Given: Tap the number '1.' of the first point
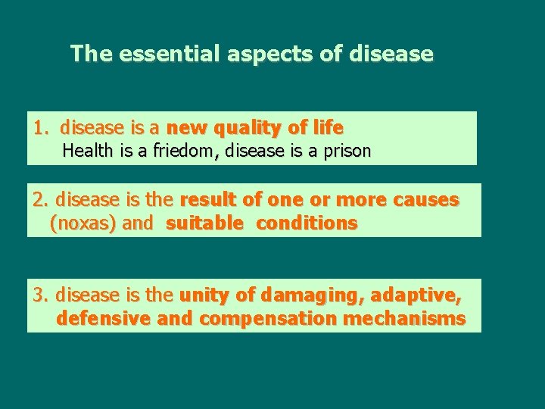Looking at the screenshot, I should [42, 127].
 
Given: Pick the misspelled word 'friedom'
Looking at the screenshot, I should [183, 151].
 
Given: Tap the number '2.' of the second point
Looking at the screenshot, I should [41, 200].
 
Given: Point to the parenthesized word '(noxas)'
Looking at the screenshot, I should [79, 223].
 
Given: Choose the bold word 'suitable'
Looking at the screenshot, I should [204, 223].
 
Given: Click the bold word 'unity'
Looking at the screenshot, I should [201, 295].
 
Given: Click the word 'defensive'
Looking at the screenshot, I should [104, 318].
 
